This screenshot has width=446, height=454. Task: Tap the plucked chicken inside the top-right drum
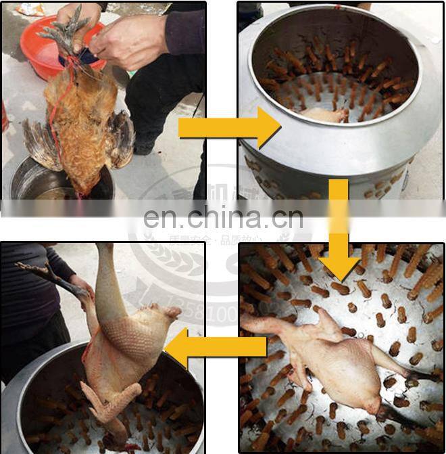(321, 115)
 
